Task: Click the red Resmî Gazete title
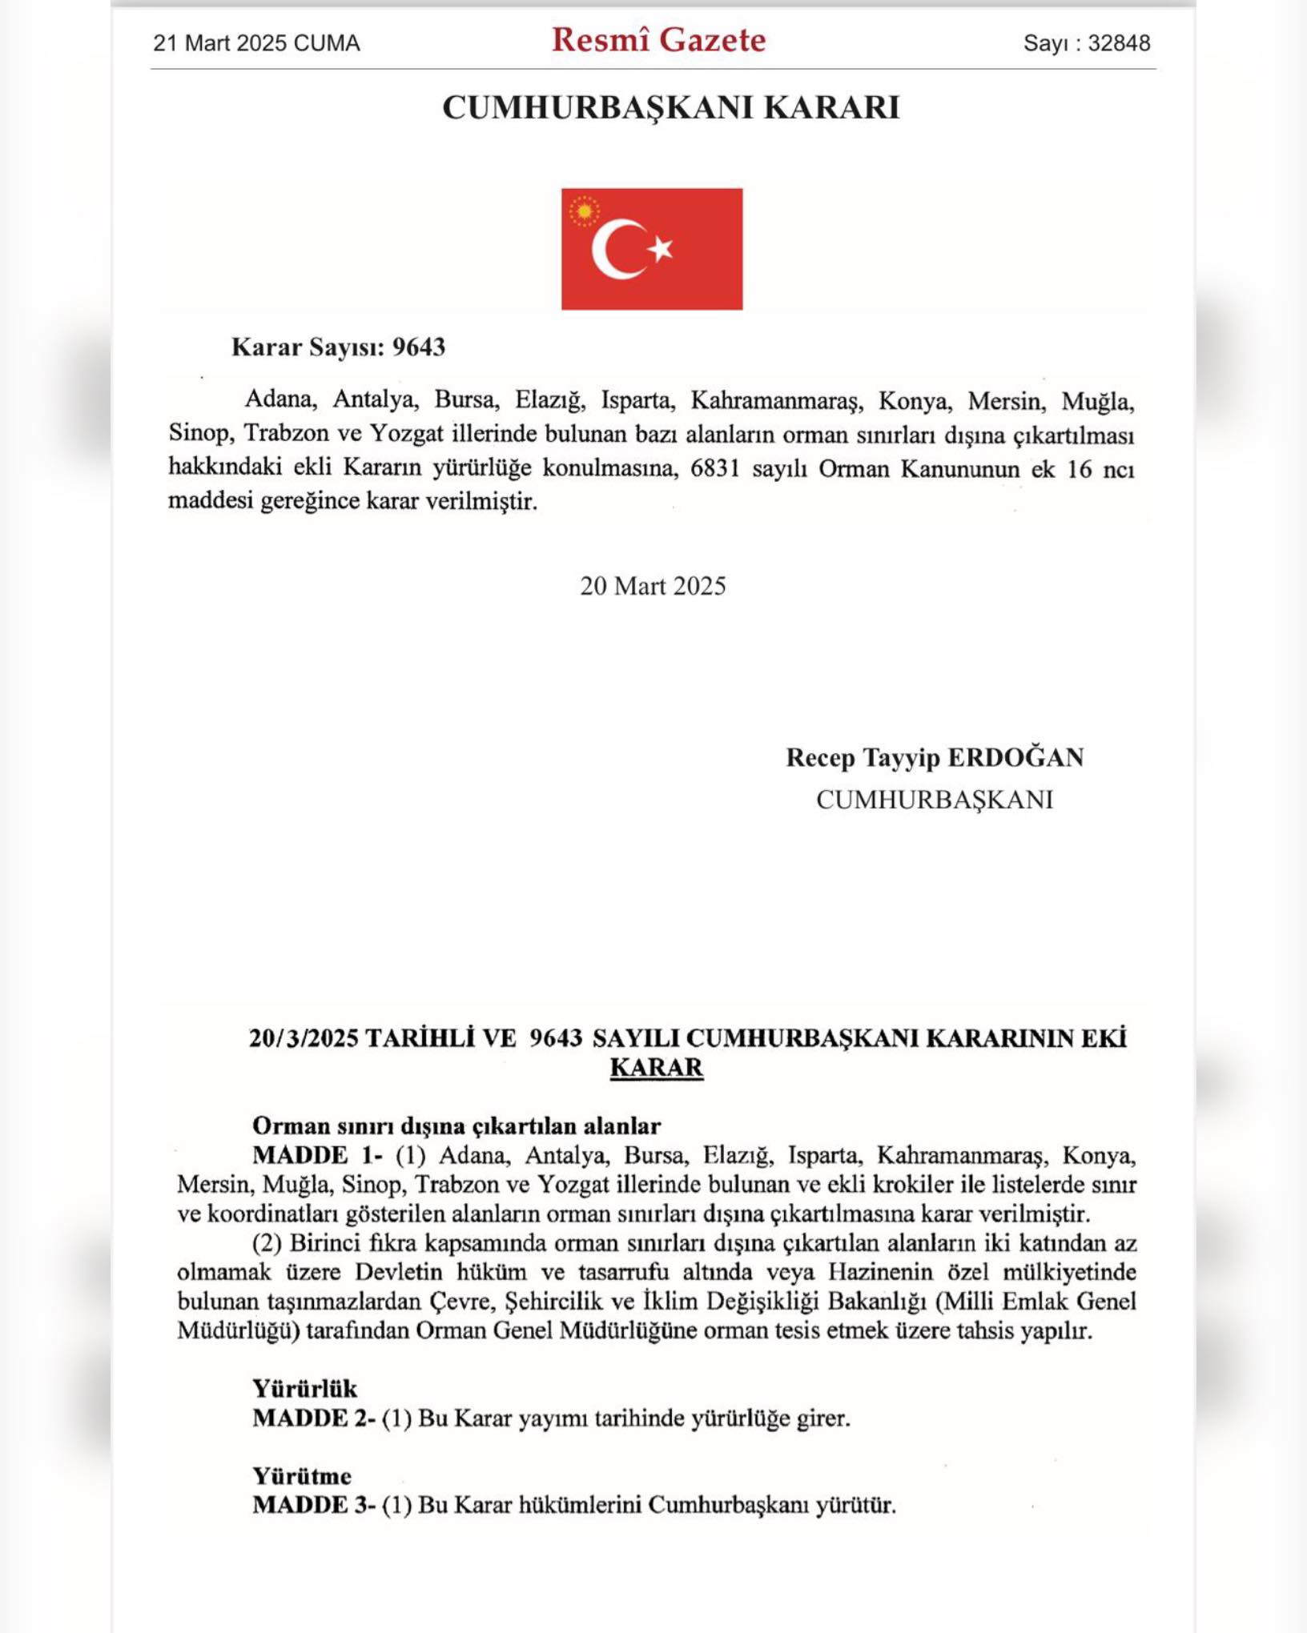[x=658, y=40]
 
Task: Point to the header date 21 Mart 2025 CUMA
[x=256, y=43]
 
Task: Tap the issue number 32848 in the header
[x=1119, y=43]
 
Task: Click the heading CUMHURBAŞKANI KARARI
[x=671, y=107]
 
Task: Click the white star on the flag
[x=661, y=249]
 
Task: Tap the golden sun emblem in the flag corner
[x=585, y=211]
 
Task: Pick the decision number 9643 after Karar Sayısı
[x=419, y=347]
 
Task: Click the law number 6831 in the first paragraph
[x=715, y=468]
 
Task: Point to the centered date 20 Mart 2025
[x=653, y=586]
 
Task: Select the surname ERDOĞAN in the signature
[x=1015, y=757]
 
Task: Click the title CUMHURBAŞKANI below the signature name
[x=934, y=800]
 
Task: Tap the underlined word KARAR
[x=657, y=1068]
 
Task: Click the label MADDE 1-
[x=317, y=1155]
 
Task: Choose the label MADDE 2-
[x=314, y=1418]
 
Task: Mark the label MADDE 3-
[x=314, y=1505]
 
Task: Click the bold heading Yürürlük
[x=304, y=1388]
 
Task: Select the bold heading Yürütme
[x=302, y=1475]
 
